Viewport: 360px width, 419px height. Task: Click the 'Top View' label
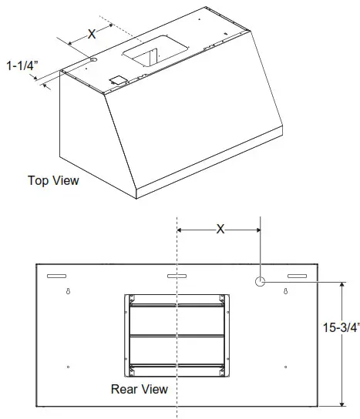pos(53,181)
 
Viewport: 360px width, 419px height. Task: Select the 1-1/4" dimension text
pos(21,66)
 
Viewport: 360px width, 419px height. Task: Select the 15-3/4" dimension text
pos(341,327)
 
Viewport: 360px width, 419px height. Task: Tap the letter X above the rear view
pos(220,229)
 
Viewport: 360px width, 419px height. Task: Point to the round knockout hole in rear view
pos(261,282)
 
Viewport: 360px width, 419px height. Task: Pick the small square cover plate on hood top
pos(118,79)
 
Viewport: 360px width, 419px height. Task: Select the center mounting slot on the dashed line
pos(177,276)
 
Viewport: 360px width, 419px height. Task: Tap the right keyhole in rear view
pos(286,292)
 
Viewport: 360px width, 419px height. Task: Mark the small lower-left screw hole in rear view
pos(69,366)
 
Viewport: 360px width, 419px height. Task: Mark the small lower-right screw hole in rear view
pos(286,366)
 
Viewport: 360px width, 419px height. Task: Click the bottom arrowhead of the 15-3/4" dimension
pos(341,402)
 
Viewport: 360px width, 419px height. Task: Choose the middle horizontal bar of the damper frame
pos(177,335)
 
